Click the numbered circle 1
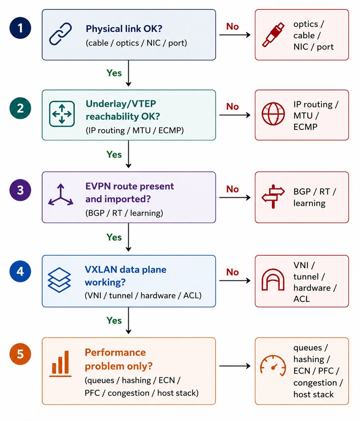pyautogui.click(x=21, y=28)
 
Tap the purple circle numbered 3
pyautogui.click(x=21, y=190)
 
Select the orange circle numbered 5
pyautogui.click(x=21, y=354)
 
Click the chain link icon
pyautogui.click(x=60, y=34)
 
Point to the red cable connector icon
pyautogui.click(x=273, y=35)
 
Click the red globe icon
pyautogui.click(x=273, y=113)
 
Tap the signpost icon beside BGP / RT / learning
pyautogui.click(x=273, y=196)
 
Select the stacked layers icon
pyautogui.click(x=59, y=280)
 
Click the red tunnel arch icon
pyautogui.click(x=273, y=280)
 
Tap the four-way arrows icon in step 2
pyautogui.click(x=62, y=114)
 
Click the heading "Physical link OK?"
pyautogui.click(x=124, y=29)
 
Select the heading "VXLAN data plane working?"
pyautogui.click(x=125, y=276)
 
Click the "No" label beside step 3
pyautogui.click(x=232, y=189)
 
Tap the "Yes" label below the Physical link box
pyautogui.click(x=114, y=73)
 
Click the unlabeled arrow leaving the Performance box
pyautogui.click(x=235, y=365)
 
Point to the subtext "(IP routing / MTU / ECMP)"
pyautogui.click(x=135, y=130)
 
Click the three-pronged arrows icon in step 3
pyautogui.click(x=61, y=195)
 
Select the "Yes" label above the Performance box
pyautogui.click(x=114, y=320)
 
